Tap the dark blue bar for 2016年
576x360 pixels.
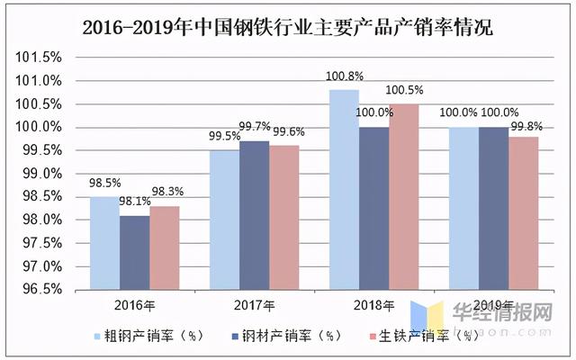pos(134,252)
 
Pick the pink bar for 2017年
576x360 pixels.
pos(284,217)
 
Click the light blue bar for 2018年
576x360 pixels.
pos(345,189)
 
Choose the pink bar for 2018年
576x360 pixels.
pos(404,196)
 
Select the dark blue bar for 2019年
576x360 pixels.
pos(494,208)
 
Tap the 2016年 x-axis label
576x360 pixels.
pos(134,305)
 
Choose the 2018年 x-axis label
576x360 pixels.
pos(374,305)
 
